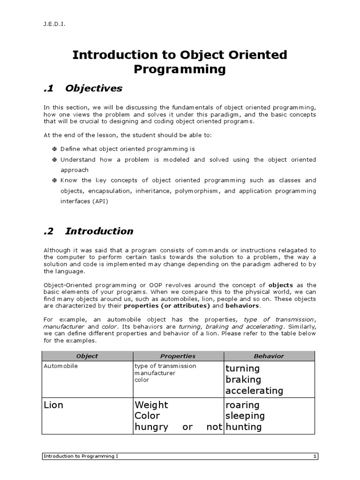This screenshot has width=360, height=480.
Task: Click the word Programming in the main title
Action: click(x=180, y=70)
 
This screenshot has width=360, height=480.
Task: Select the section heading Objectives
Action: click(x=94, y=89)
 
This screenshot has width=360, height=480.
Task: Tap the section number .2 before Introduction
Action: click(x=50, y=231)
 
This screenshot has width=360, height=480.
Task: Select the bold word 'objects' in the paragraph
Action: click(x=280, y=285)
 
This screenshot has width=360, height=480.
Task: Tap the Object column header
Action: click(x=87, y=356)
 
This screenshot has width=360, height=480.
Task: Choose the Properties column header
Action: click(x=178, y=356)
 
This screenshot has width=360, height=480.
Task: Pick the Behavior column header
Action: click(x=269, y=356)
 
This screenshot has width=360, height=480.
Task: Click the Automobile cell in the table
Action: click(x=60, y=366)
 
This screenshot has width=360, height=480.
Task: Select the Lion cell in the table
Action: click(x=53, y=405)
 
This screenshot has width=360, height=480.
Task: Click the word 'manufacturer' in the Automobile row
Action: click(x=155, y=373)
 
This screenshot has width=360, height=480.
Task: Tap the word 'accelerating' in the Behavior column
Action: click(x=254, y=390)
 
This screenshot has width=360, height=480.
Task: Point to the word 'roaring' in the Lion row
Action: click(x=242, y=405)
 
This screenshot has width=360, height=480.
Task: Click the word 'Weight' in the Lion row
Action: click(x=151, y=405)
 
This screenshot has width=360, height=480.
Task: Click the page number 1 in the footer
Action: click(x=315, y=456)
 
